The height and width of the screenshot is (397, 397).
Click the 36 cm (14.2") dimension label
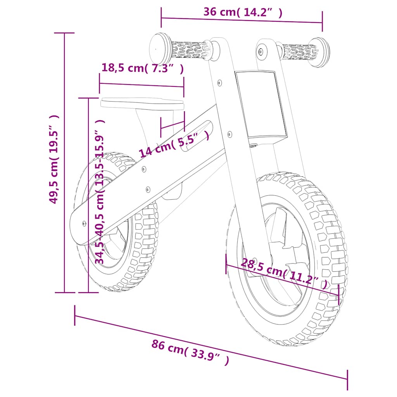(243, 12)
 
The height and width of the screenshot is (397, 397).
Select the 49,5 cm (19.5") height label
(54, 159)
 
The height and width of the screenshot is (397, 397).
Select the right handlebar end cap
(320, 52)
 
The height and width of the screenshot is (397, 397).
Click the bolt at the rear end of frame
(85, 223)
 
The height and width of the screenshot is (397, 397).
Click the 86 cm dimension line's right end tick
(347, 380)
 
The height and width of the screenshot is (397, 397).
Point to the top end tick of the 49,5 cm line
(64, 33)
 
